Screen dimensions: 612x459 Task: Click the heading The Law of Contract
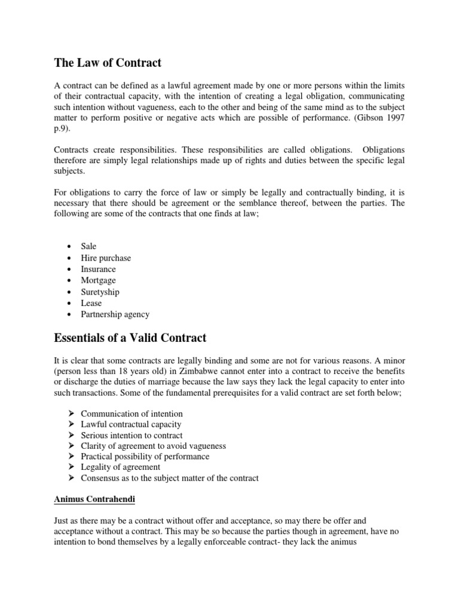[108, 62]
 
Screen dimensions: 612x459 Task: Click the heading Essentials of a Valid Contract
[130, 338]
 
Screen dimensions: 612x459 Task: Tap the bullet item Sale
[88, 246]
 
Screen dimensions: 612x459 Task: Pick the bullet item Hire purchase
[106, 258]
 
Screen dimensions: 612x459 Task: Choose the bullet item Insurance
[99, 269]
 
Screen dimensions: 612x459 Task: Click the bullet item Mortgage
[99, 280]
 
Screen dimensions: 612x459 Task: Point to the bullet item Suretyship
[100, 292]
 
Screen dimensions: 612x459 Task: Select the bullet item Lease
[91, 303]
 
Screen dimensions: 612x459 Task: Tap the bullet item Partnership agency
[115, 314]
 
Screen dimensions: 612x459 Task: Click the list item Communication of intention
[131, 414]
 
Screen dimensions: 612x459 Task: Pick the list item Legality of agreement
[120, 467]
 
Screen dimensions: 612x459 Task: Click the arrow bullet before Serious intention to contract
[70, 435]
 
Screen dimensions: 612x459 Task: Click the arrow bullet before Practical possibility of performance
[70, 456]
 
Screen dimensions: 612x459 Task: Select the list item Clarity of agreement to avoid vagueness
[153, 446]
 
